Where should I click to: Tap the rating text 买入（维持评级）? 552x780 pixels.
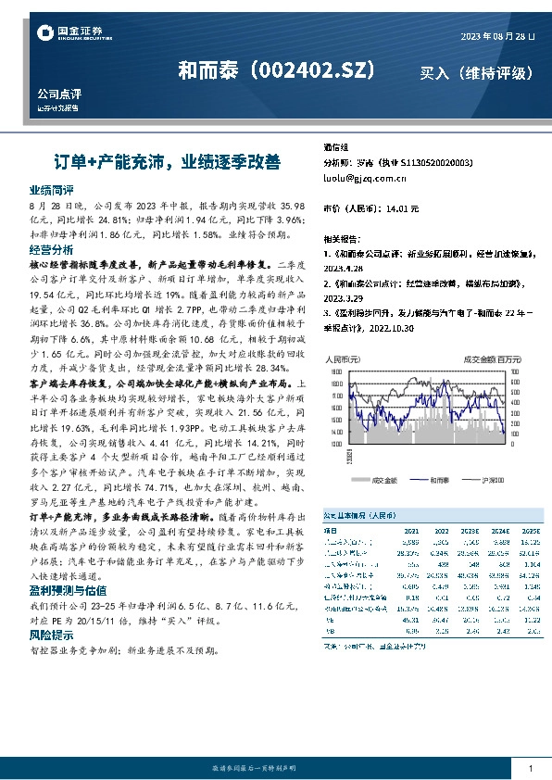(476, 72)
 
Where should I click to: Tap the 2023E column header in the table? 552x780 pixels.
(470, 531)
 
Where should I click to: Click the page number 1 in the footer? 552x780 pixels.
(529, 769)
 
